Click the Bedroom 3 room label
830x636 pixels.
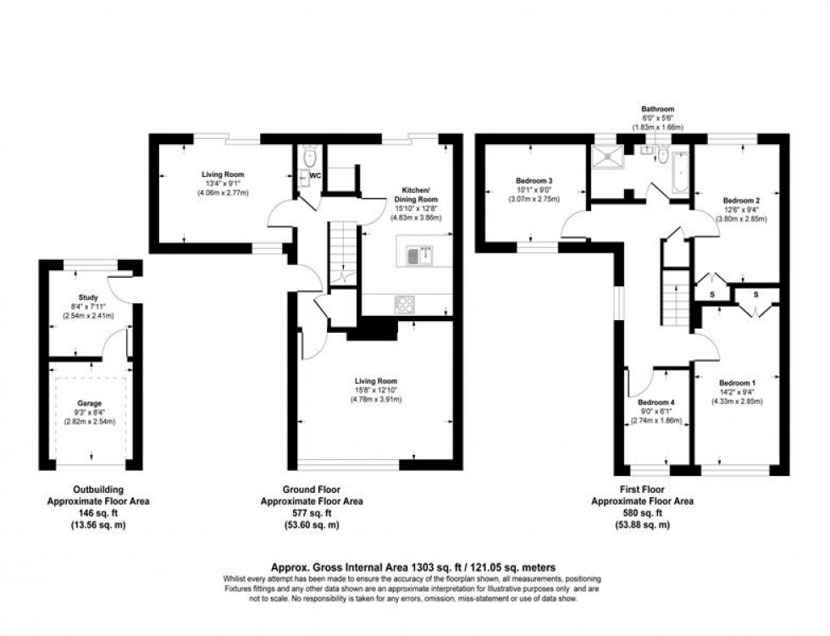pos(534,180)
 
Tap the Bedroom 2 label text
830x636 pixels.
pos(716,200)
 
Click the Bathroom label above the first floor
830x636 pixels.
pos(657,109)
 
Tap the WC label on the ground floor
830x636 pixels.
pos(315,176)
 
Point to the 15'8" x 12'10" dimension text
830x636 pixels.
pos(376,390)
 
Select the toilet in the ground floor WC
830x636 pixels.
pos(309,156)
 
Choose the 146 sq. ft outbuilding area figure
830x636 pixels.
pos(97,513)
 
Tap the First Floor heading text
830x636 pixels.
pos(641,489)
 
